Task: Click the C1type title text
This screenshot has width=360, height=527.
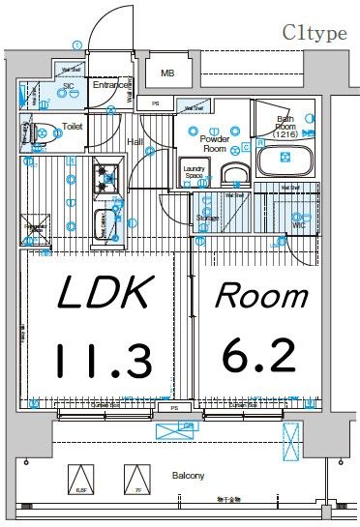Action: [315, 33]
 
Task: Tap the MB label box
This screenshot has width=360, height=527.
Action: [167, 73]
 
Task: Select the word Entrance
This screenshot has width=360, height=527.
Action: [111, 86]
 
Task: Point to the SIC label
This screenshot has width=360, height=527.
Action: [68, 86]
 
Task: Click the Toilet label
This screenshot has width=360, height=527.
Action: [73, 126]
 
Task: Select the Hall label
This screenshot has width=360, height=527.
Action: [135, 142]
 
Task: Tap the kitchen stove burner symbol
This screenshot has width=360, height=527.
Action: [105, 177]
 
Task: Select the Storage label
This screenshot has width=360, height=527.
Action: [205, 219]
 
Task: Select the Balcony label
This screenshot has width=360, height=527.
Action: [188, 475]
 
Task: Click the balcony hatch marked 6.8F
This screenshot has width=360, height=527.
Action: [82, 481]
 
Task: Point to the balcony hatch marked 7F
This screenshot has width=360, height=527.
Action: [138, 481]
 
